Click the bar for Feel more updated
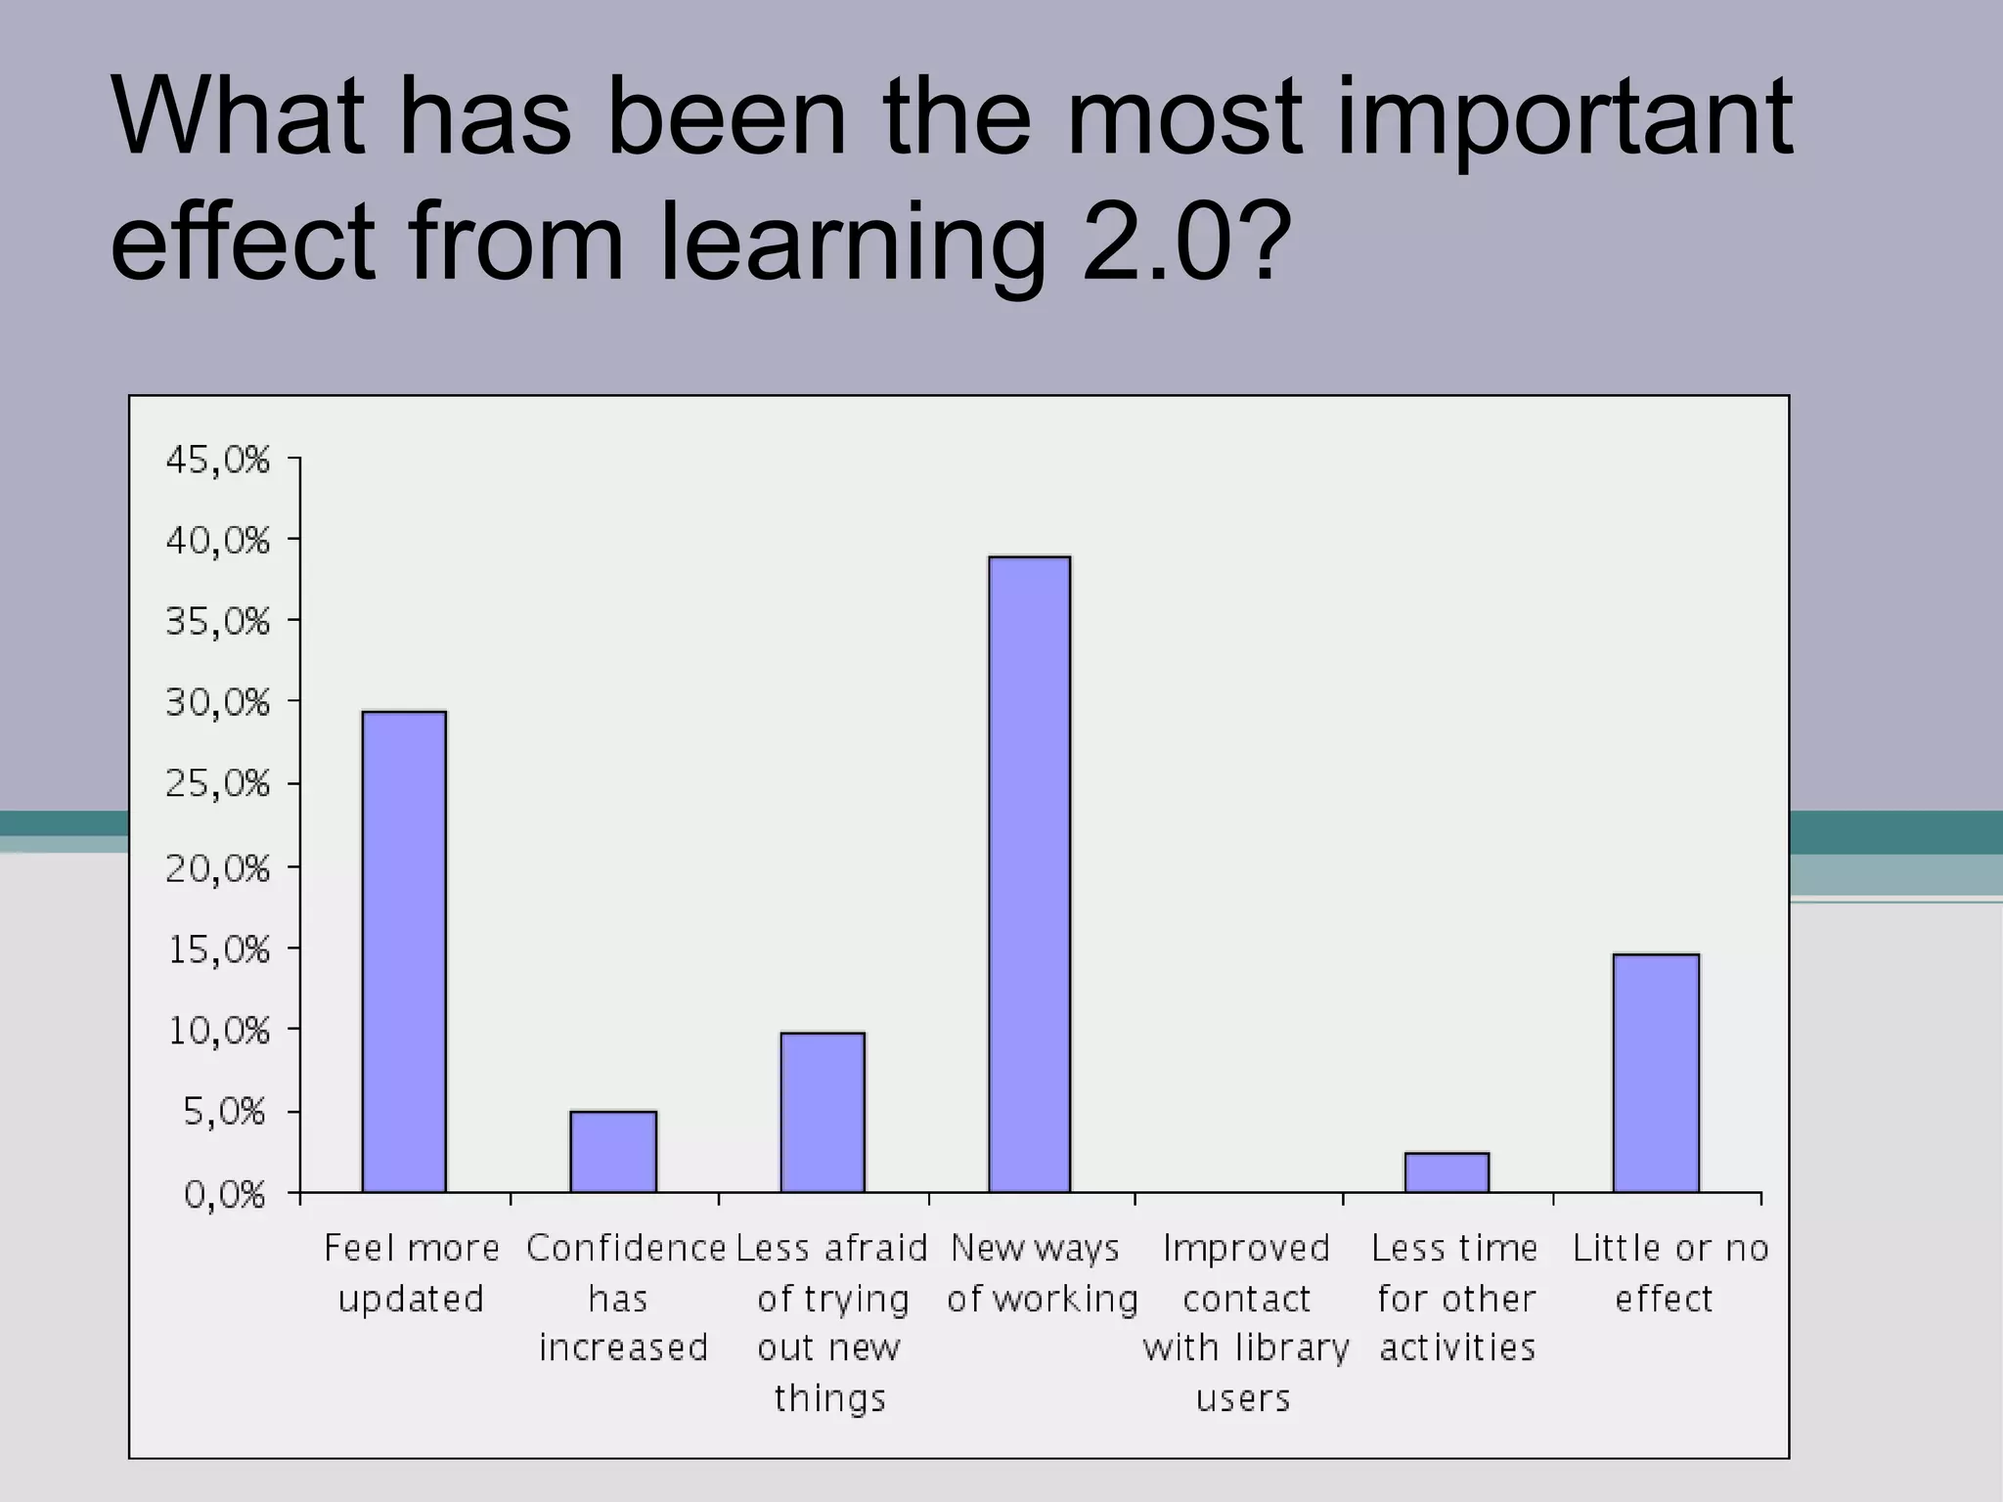pos(404,951)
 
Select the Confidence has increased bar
pos(613,1151)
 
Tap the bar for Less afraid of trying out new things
pos(823,1112)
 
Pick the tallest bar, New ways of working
pos(1029,874)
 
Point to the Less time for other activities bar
pos(1447,1172)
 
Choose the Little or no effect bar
pos(1656,1073)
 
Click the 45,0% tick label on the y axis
pos(217,459)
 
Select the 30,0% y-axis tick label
pos(217,702)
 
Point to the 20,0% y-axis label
pos(217,867)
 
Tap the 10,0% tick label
pos(217,1031)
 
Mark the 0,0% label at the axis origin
pos(225,1194)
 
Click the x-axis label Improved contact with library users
pos(1245,1323)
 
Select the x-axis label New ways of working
pos(1042,1273)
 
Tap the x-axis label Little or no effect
pos(1669,1273)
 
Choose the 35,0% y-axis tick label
pos(217,621)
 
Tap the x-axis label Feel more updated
pos(411,1273)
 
